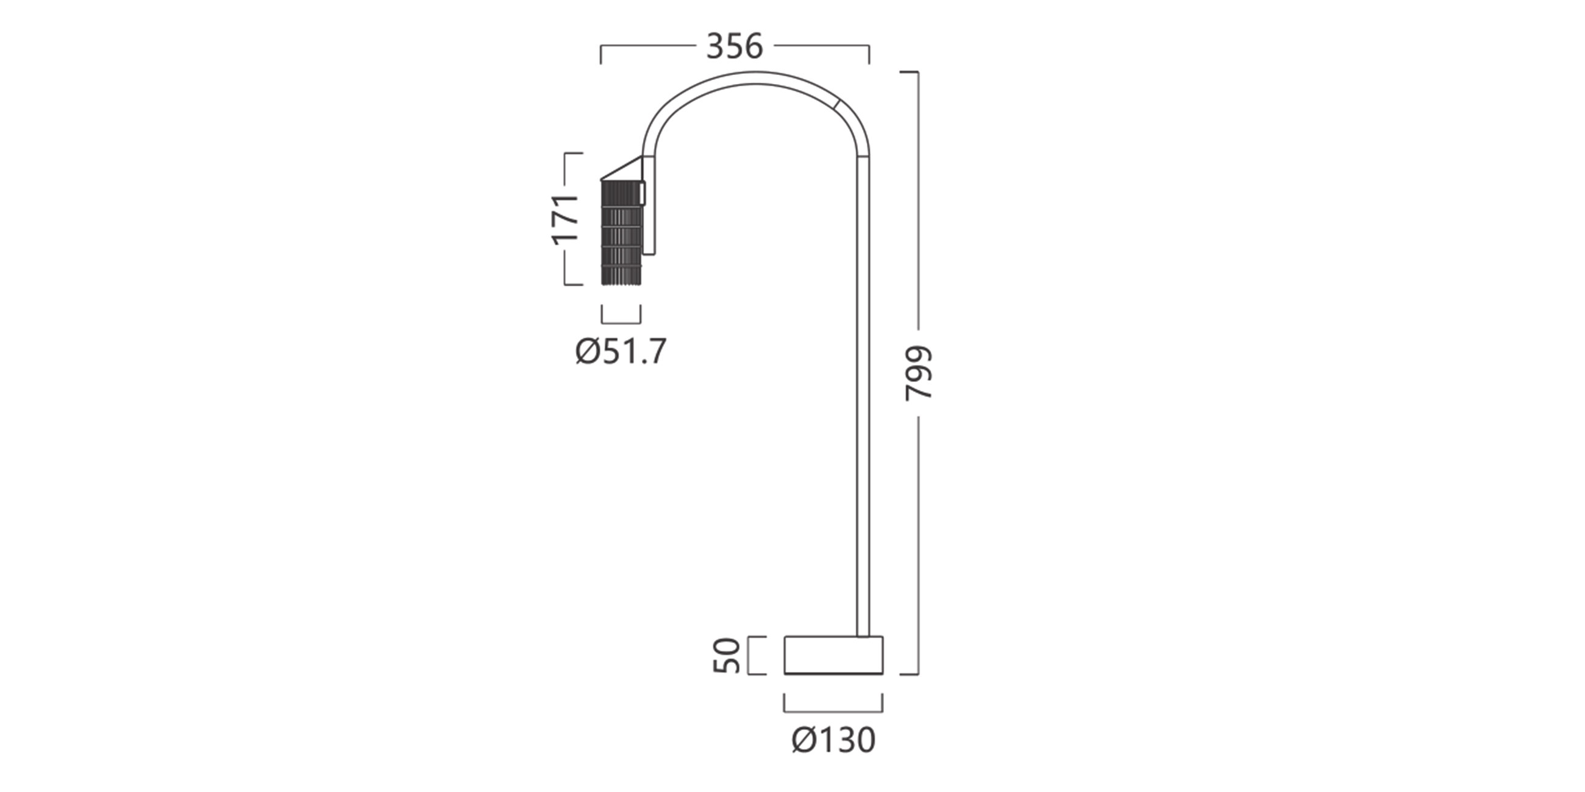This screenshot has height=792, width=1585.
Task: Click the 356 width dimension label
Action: click(735, 46)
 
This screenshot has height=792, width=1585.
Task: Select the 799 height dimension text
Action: click(919, 373)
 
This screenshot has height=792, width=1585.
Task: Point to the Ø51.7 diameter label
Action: click(621, 352)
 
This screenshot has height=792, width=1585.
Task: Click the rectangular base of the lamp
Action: click(833, 655)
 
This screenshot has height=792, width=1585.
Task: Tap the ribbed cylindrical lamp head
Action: click(622, 233)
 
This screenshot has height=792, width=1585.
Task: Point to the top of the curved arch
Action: click(755, 77)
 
